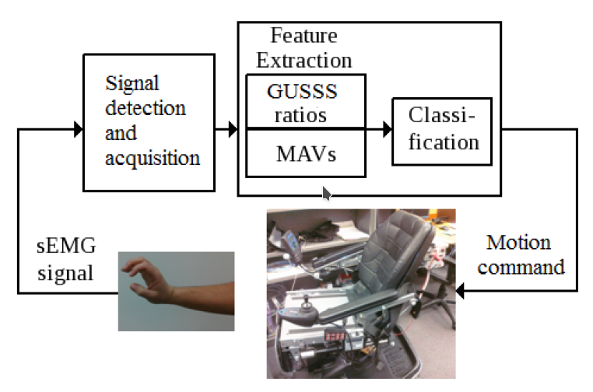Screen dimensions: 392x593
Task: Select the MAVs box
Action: (305, 152)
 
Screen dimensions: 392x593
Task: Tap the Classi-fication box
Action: (441, 131)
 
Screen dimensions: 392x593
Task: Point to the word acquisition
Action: (152, 158)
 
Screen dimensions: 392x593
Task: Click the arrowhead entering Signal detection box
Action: (78, 129)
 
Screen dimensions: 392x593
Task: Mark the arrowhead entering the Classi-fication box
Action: (387, 129)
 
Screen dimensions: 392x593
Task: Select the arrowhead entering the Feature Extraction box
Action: (233, 129)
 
